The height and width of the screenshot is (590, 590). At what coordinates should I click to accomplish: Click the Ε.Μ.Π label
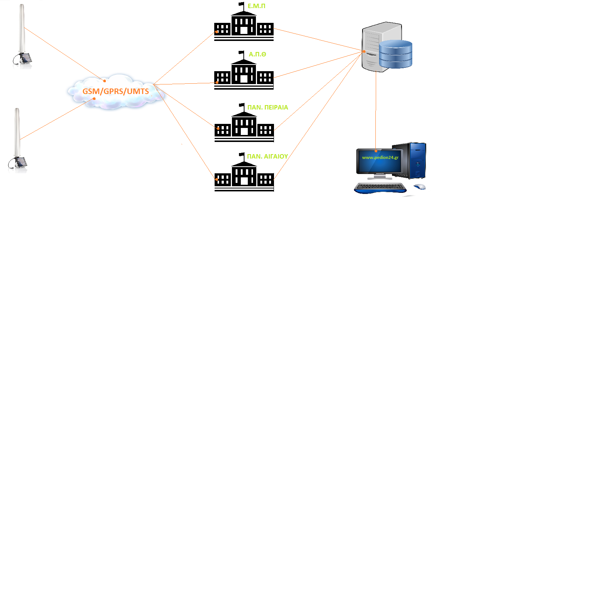256,6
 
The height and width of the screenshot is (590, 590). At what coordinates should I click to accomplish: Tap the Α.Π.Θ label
257,54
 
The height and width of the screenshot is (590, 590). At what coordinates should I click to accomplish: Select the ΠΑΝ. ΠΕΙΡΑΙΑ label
268,107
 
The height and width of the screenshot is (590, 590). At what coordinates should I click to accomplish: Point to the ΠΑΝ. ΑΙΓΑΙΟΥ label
267,156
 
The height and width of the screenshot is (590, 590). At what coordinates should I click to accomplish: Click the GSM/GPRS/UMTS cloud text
115,91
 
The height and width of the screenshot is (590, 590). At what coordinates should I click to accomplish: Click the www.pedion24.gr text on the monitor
380,157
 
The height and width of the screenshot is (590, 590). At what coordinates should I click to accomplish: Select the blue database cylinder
395,54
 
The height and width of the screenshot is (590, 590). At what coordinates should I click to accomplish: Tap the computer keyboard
380,188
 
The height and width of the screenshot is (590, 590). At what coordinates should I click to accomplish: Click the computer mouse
420,187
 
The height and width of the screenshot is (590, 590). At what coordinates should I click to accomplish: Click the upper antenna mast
22,29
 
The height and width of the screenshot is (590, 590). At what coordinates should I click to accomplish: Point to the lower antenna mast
17,133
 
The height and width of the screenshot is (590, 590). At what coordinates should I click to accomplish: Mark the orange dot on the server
364,52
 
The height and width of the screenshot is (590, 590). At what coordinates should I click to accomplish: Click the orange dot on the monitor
376,151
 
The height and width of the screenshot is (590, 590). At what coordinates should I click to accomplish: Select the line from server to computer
376,111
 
